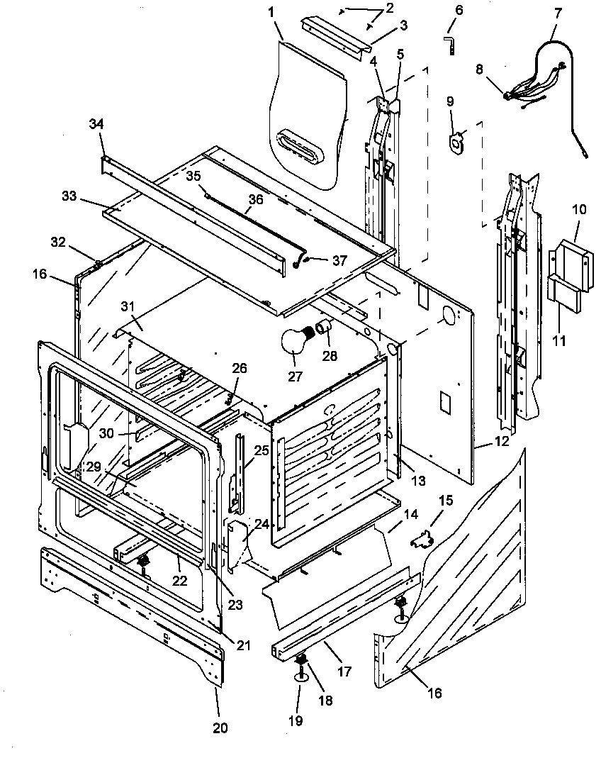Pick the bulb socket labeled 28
325,327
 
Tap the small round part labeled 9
456,140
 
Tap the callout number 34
96,124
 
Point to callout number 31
127,306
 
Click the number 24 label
262,524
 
